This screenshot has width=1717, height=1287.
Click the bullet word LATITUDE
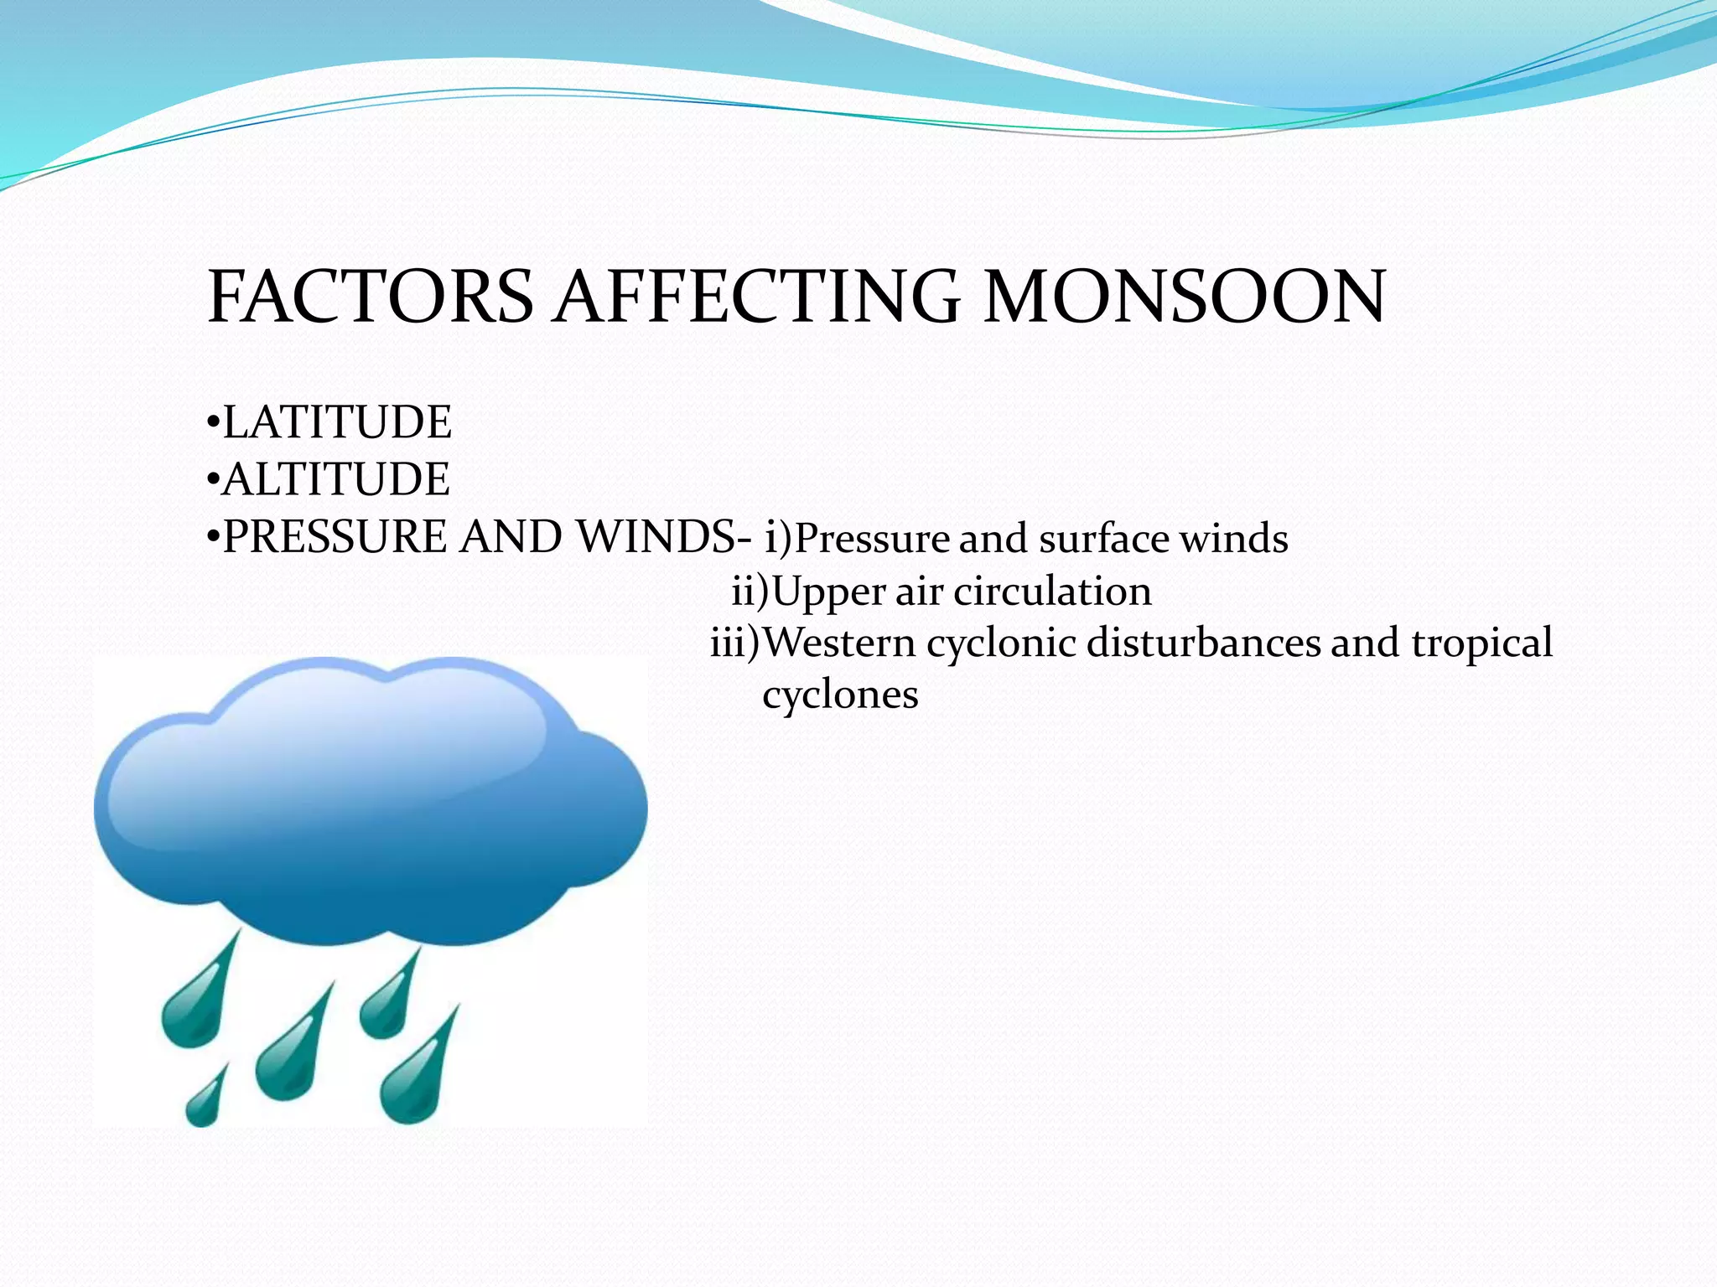(337, 422)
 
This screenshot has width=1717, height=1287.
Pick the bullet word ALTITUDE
(336, 479)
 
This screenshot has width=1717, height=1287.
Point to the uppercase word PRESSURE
(335, 537)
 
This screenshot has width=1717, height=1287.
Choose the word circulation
(1052, 592)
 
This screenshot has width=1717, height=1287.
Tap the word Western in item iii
(840, 643)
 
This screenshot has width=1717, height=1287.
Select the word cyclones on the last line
(840, 695)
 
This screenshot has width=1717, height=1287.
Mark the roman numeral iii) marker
(735, 643)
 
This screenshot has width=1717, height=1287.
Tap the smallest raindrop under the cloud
(205, 1099)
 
